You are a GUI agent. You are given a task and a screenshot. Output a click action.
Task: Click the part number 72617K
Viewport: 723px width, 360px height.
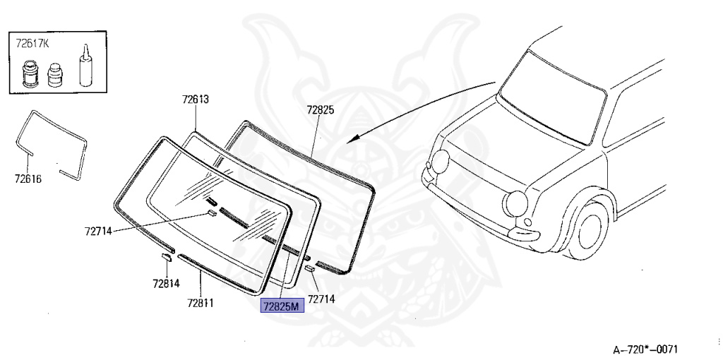point(32,43)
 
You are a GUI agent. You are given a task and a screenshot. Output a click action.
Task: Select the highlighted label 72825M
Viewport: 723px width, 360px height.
point(281,306)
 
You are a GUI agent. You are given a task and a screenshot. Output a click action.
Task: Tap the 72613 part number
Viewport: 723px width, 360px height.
point(195,100)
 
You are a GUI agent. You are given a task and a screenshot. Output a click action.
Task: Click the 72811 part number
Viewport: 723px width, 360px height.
point(201,303)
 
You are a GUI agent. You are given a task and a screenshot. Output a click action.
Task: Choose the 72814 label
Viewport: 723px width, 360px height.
point(166,284)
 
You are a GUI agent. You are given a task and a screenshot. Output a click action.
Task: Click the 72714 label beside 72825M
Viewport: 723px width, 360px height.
point(321,299)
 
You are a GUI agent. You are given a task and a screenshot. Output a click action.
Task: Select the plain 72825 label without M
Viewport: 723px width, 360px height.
point(321,110)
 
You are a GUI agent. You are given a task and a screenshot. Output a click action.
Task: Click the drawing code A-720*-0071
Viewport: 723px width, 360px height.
point(645,349)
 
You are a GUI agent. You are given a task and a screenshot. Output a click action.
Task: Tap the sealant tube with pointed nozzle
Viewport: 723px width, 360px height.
point(85,66)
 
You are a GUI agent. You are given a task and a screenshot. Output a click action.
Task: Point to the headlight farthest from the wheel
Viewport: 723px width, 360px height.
point(441,162)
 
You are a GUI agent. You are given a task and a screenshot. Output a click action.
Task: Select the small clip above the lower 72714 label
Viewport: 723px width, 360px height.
point(309,269)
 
